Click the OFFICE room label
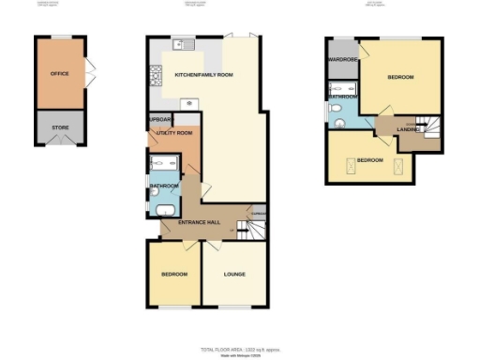point(59,72)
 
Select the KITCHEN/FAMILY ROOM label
point(204,74)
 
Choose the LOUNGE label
point(235,274)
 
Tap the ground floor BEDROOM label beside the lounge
point(173,274)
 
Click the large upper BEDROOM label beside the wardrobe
point(400,76)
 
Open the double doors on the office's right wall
point(89,71)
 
